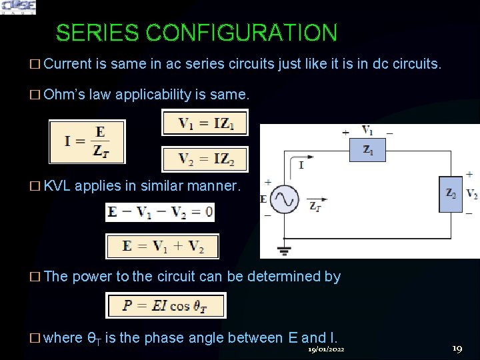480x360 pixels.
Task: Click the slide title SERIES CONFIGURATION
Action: tap(197, 33)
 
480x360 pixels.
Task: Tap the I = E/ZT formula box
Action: tap(87, 141)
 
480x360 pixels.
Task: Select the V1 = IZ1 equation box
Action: tap(205, 123)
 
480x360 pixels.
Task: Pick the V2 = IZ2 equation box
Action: tap(205, 159)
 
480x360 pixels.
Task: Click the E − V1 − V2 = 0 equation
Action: tap(160, 212)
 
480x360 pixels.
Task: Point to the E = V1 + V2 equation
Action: tap(163, 246)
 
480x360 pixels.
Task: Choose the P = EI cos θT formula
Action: tap(166, 305)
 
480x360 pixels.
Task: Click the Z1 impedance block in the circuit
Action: tap(368, 151)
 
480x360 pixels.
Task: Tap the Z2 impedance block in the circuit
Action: tap(451, 194)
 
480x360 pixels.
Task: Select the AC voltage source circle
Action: tap(284, 199)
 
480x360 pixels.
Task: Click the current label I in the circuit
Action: tap(301, 165)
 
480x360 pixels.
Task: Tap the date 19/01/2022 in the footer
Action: tap(326, 349)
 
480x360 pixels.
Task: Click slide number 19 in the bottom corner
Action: tap(457, 349)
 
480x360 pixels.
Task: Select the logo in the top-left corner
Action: tap(18, 7)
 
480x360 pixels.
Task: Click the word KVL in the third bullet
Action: tap(57, 186)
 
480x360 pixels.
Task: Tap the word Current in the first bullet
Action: tap(67, 64)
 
